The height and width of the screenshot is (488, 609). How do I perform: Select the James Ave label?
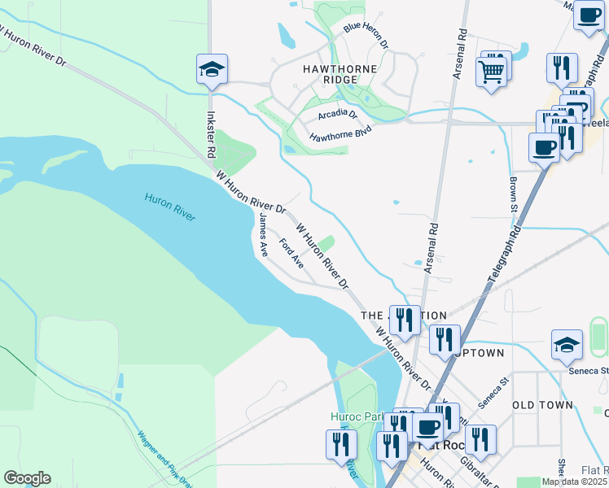(x=263, y=233)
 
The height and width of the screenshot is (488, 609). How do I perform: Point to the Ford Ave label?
(x=291, y=253)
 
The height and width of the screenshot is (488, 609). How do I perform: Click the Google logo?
(x=27, y=478)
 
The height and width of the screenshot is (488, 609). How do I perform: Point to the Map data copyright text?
(x=574, y=481)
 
